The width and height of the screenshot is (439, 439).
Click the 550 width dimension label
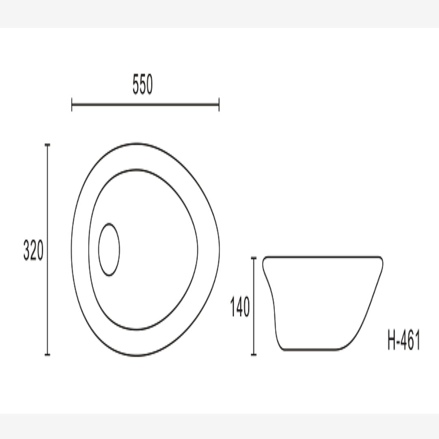point(143,86)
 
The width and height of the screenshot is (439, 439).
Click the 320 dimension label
point(33,250)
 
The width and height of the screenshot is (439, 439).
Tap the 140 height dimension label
point(240,307)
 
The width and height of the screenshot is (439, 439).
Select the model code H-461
point(404,340)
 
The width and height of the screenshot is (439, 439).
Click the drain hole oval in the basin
point(109,250)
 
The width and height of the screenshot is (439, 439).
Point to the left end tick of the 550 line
point(72,104)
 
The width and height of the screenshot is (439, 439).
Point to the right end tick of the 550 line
point(219,104)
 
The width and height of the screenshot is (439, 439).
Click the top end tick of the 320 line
point(48,145)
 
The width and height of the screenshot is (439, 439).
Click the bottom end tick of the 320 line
point(48,354)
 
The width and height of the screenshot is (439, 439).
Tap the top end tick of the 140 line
point(254,258)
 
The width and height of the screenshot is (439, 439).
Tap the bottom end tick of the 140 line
point(254,354)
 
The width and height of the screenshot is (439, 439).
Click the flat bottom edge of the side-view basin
point(311,349)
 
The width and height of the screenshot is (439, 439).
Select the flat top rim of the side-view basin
point(323,257)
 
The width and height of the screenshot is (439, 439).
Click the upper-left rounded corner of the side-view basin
point(265,261)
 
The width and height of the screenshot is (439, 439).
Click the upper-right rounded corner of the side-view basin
point(381,261)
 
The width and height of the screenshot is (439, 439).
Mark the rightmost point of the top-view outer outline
point(219,249)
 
